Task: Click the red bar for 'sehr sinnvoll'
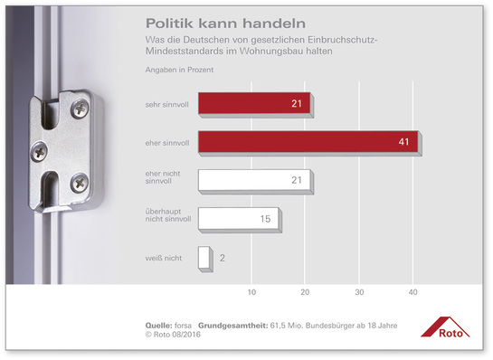coord(253,104)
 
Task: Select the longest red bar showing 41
coord(307,141)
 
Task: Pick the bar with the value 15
coord(238,218)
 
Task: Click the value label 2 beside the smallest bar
coord(222,258)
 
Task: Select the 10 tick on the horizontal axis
coord(251,292)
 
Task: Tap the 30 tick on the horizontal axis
coord(359,292)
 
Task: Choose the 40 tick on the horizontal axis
coord(413,292)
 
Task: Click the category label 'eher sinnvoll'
coord(167,142)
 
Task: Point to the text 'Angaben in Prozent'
coord(177,70)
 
